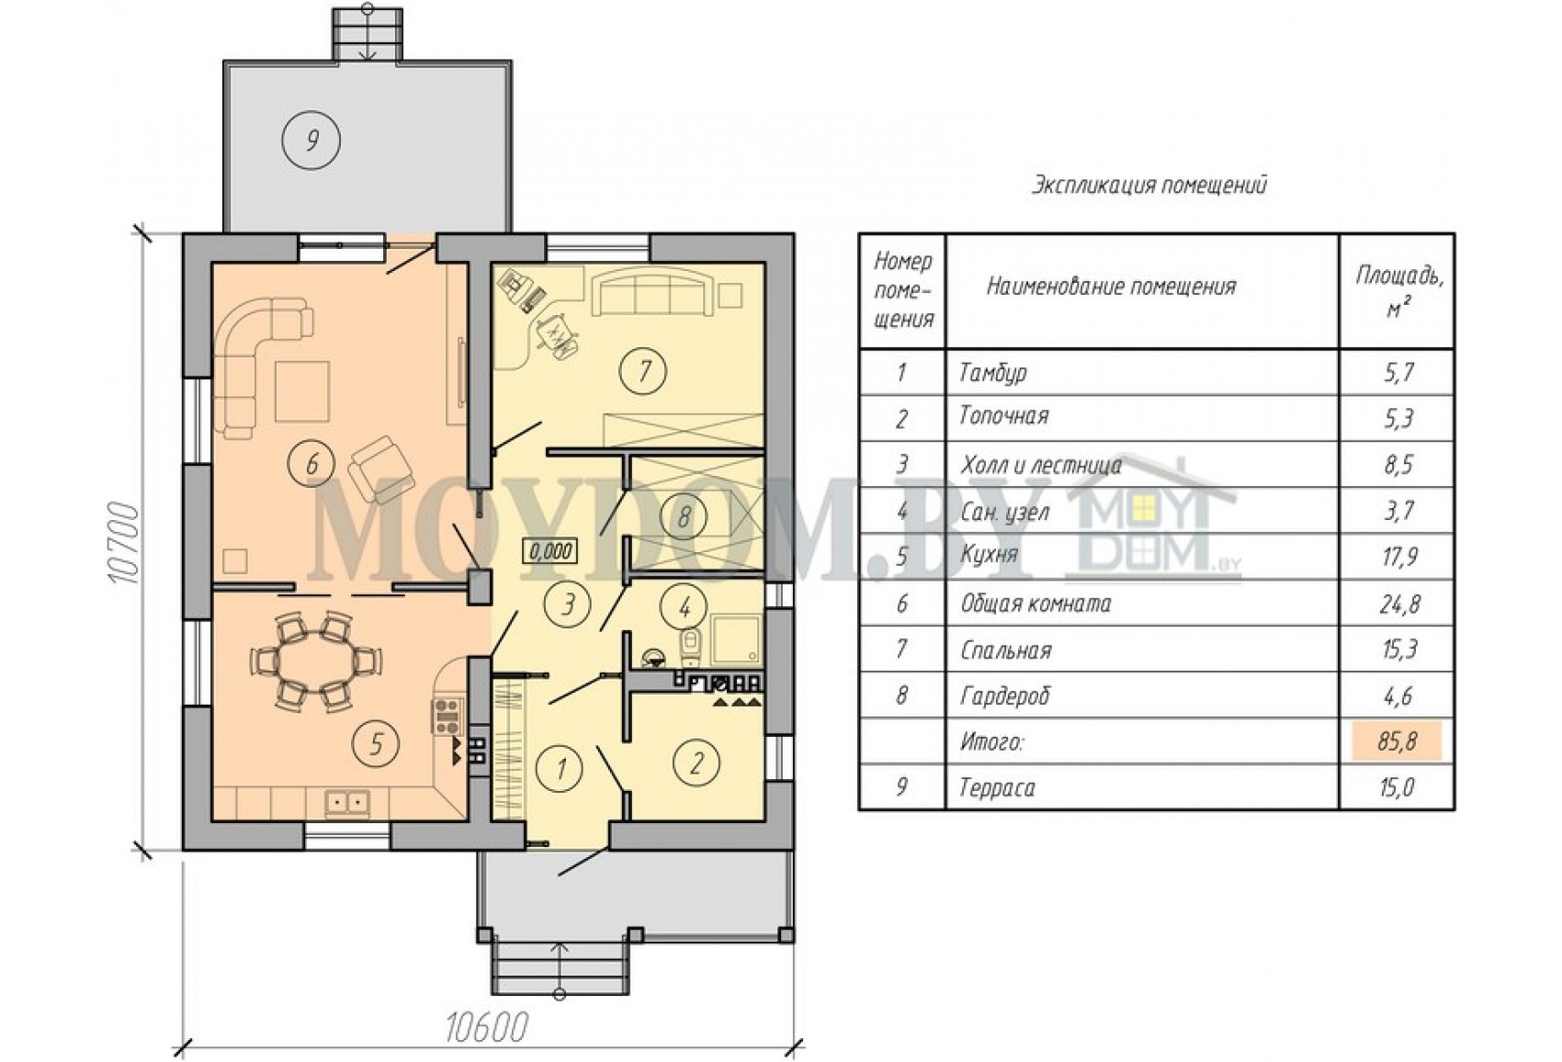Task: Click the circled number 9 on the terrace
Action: pos(311,141)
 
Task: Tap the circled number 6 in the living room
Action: pos(311,463)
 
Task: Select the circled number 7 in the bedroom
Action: pos(643,371)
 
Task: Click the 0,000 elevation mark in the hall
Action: pos(550,551)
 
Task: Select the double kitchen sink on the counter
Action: pos(346,803)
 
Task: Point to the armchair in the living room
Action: pos(380,469)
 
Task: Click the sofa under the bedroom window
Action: pos(651,295)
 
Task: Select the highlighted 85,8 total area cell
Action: pos(1397,740)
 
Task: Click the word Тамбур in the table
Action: pos(993,373)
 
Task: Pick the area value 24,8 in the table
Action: pos(1398,604)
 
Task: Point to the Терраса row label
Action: pos(997,788)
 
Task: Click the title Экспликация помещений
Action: pos(1149,186)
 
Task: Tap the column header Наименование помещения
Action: pos(1112,287)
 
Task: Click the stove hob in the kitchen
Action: pos(447,716)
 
